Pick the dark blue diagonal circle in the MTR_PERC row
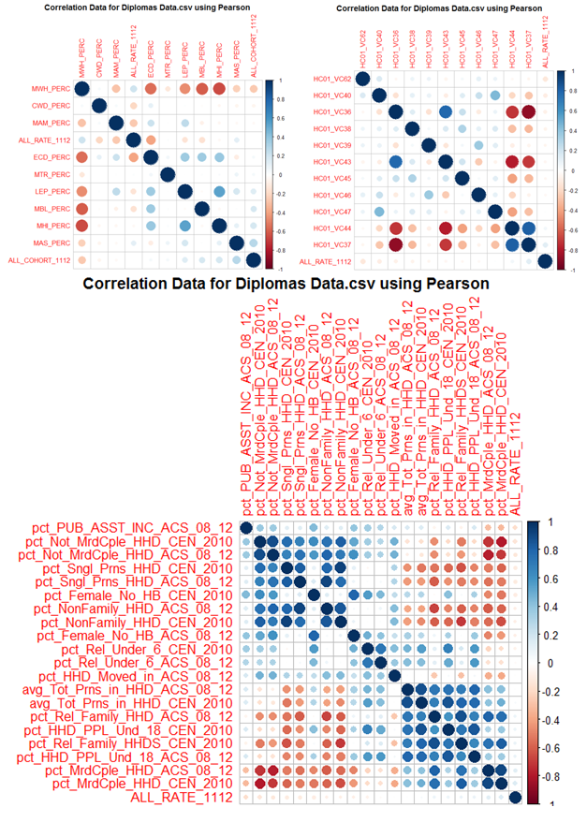point(167,175)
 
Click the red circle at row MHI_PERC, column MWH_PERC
point(81,226)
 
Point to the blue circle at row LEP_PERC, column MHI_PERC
point(218,192)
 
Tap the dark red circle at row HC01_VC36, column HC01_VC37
point(528,112)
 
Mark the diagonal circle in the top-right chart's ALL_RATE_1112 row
point(545,261)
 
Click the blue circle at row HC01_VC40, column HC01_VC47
point(495,95)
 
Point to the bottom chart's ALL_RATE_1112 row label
point(179,797)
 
